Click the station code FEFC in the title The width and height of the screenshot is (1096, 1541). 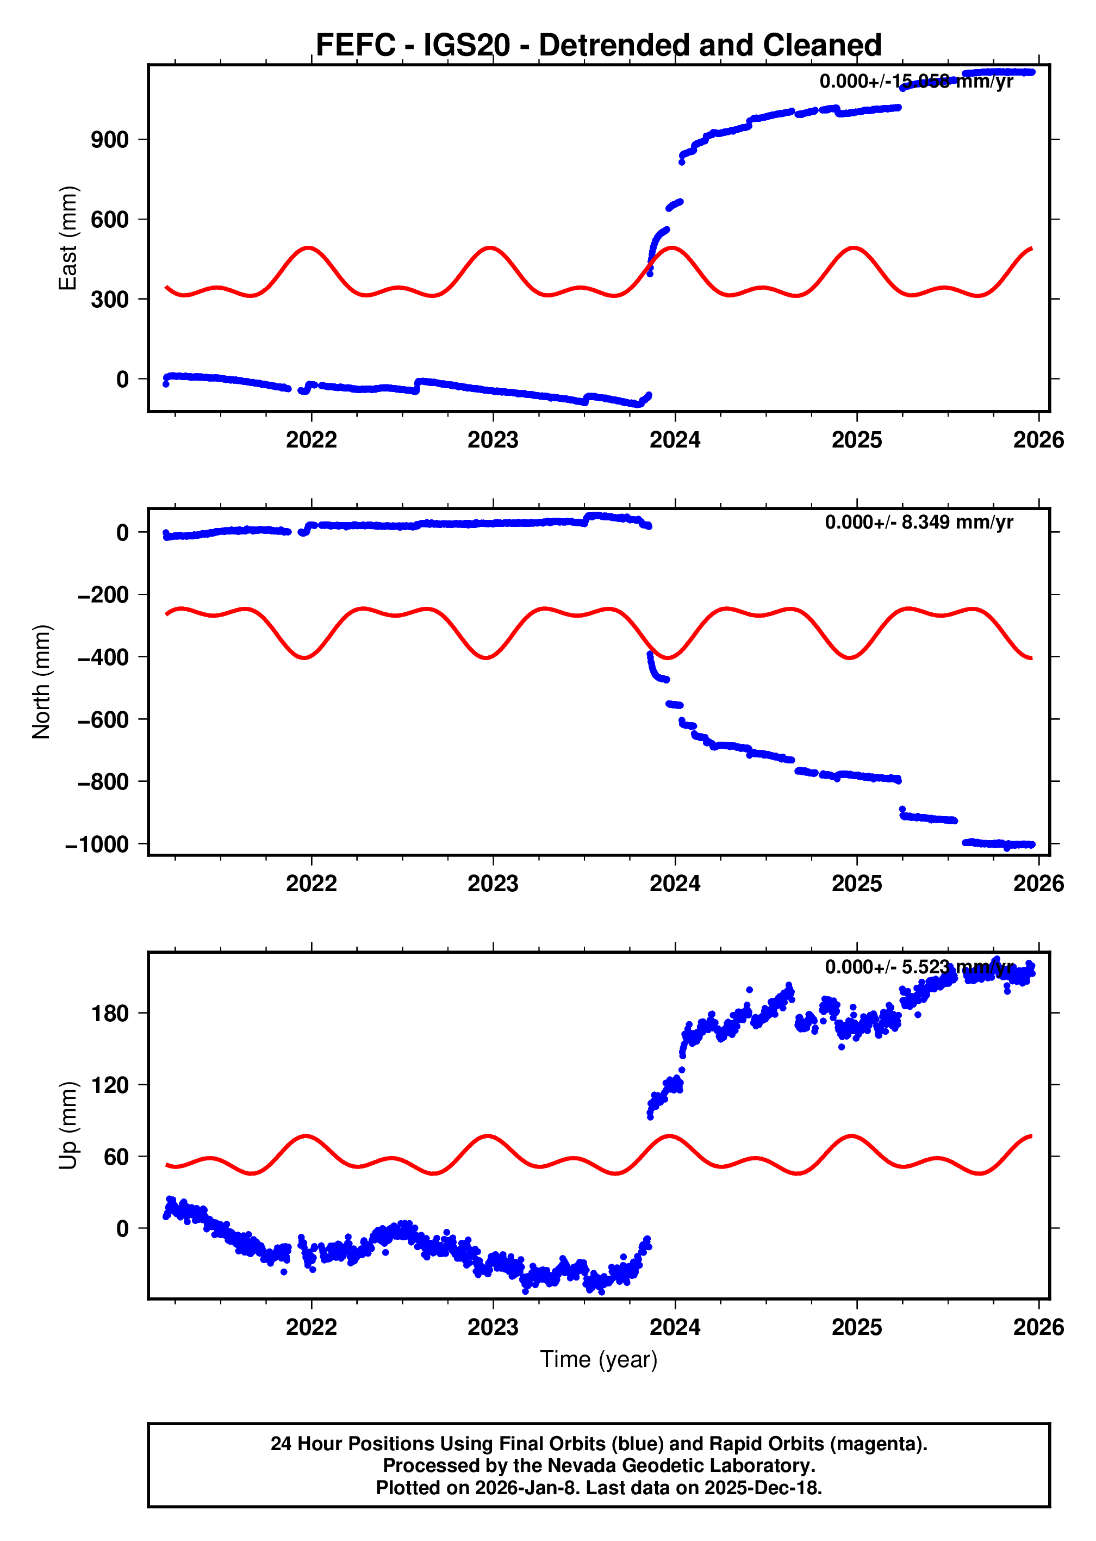[355, 45]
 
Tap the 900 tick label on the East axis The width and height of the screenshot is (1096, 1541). [109, 140]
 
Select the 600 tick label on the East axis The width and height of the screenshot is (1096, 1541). [109, 219]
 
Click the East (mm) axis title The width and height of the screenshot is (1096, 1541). [67, 238]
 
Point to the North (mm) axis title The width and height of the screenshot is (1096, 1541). [42, 682]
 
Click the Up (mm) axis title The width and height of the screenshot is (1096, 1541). [67, 1125]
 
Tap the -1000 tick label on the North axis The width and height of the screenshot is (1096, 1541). [97, 844]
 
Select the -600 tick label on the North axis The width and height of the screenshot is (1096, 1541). [103, 719]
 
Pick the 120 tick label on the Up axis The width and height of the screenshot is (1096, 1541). [109, 1085]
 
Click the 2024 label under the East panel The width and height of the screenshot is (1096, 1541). [674, 440]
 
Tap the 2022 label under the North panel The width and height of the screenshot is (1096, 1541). [311, 884]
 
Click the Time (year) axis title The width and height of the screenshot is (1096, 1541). [598, 1359]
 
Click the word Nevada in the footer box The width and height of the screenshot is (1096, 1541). [578, 1465]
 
